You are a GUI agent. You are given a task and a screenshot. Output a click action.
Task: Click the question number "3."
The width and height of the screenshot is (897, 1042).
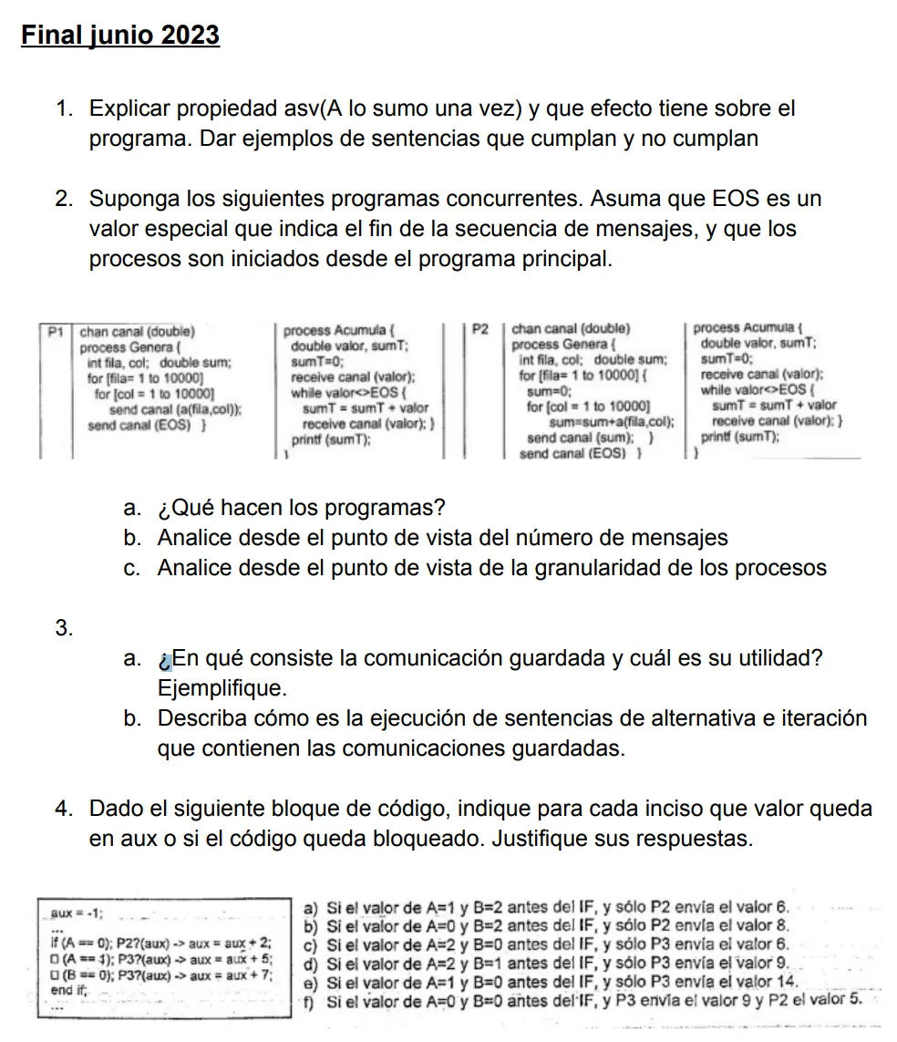64,627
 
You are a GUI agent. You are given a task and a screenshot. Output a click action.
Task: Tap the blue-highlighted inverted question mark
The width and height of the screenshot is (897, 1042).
164,658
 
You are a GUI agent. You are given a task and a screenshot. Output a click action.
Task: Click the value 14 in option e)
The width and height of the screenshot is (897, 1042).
789,981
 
